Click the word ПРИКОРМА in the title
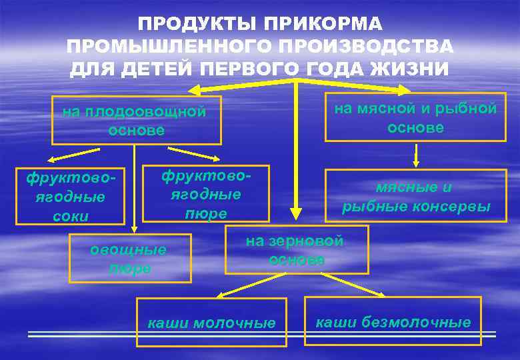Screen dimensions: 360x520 (x=323, y=25)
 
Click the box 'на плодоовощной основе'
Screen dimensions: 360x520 (x=136, y=121)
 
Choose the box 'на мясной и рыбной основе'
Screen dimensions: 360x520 (x=415, y=117)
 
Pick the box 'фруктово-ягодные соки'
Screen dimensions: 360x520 (x=71, y=196)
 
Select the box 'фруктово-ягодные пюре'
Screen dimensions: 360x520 (x=206, y=193)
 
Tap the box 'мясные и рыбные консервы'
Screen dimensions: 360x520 (x=415, y=196)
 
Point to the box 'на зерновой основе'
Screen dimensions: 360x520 (x=296, y=250)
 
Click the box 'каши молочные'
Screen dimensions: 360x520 (x=211, y=323)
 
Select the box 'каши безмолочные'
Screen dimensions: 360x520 (x=393, y=321)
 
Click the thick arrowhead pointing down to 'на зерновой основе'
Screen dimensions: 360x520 (x=295, y=212)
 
